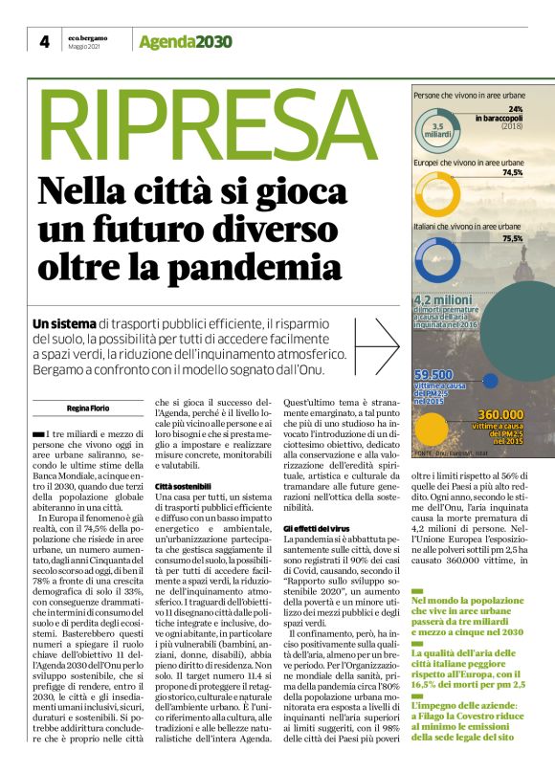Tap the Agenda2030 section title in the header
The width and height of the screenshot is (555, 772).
(x=185, y=41)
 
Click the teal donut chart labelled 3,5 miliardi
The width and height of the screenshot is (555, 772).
(x=440, y=126)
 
